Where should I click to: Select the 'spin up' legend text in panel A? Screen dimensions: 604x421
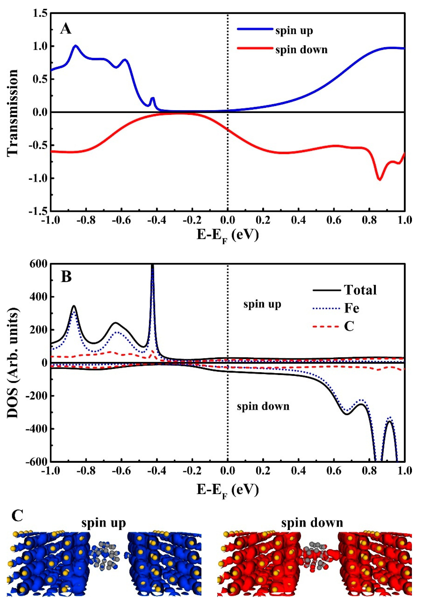pos(294,31)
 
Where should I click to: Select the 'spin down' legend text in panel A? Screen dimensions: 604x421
pos(301,49)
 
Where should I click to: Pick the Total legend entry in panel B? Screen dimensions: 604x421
pos(360,290)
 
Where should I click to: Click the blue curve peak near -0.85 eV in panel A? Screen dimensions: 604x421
pos(76,46)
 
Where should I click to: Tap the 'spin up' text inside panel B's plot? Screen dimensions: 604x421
pos(262,304)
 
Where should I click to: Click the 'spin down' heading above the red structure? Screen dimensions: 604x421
pos(312,523)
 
